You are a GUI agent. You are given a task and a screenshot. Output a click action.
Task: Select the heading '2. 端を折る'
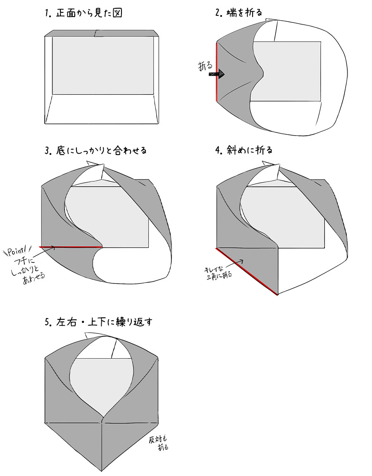click(238, 13)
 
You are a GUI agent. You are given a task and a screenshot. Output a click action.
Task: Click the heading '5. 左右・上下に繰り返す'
click(98, 322)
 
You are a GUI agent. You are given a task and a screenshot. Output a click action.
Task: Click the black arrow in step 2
click(217, 74)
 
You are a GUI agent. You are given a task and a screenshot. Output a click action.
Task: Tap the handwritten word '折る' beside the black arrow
click(205, 66)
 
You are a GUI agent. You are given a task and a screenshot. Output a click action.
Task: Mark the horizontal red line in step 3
click(71, 247)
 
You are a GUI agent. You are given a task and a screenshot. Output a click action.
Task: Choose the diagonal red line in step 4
click(247, 271)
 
